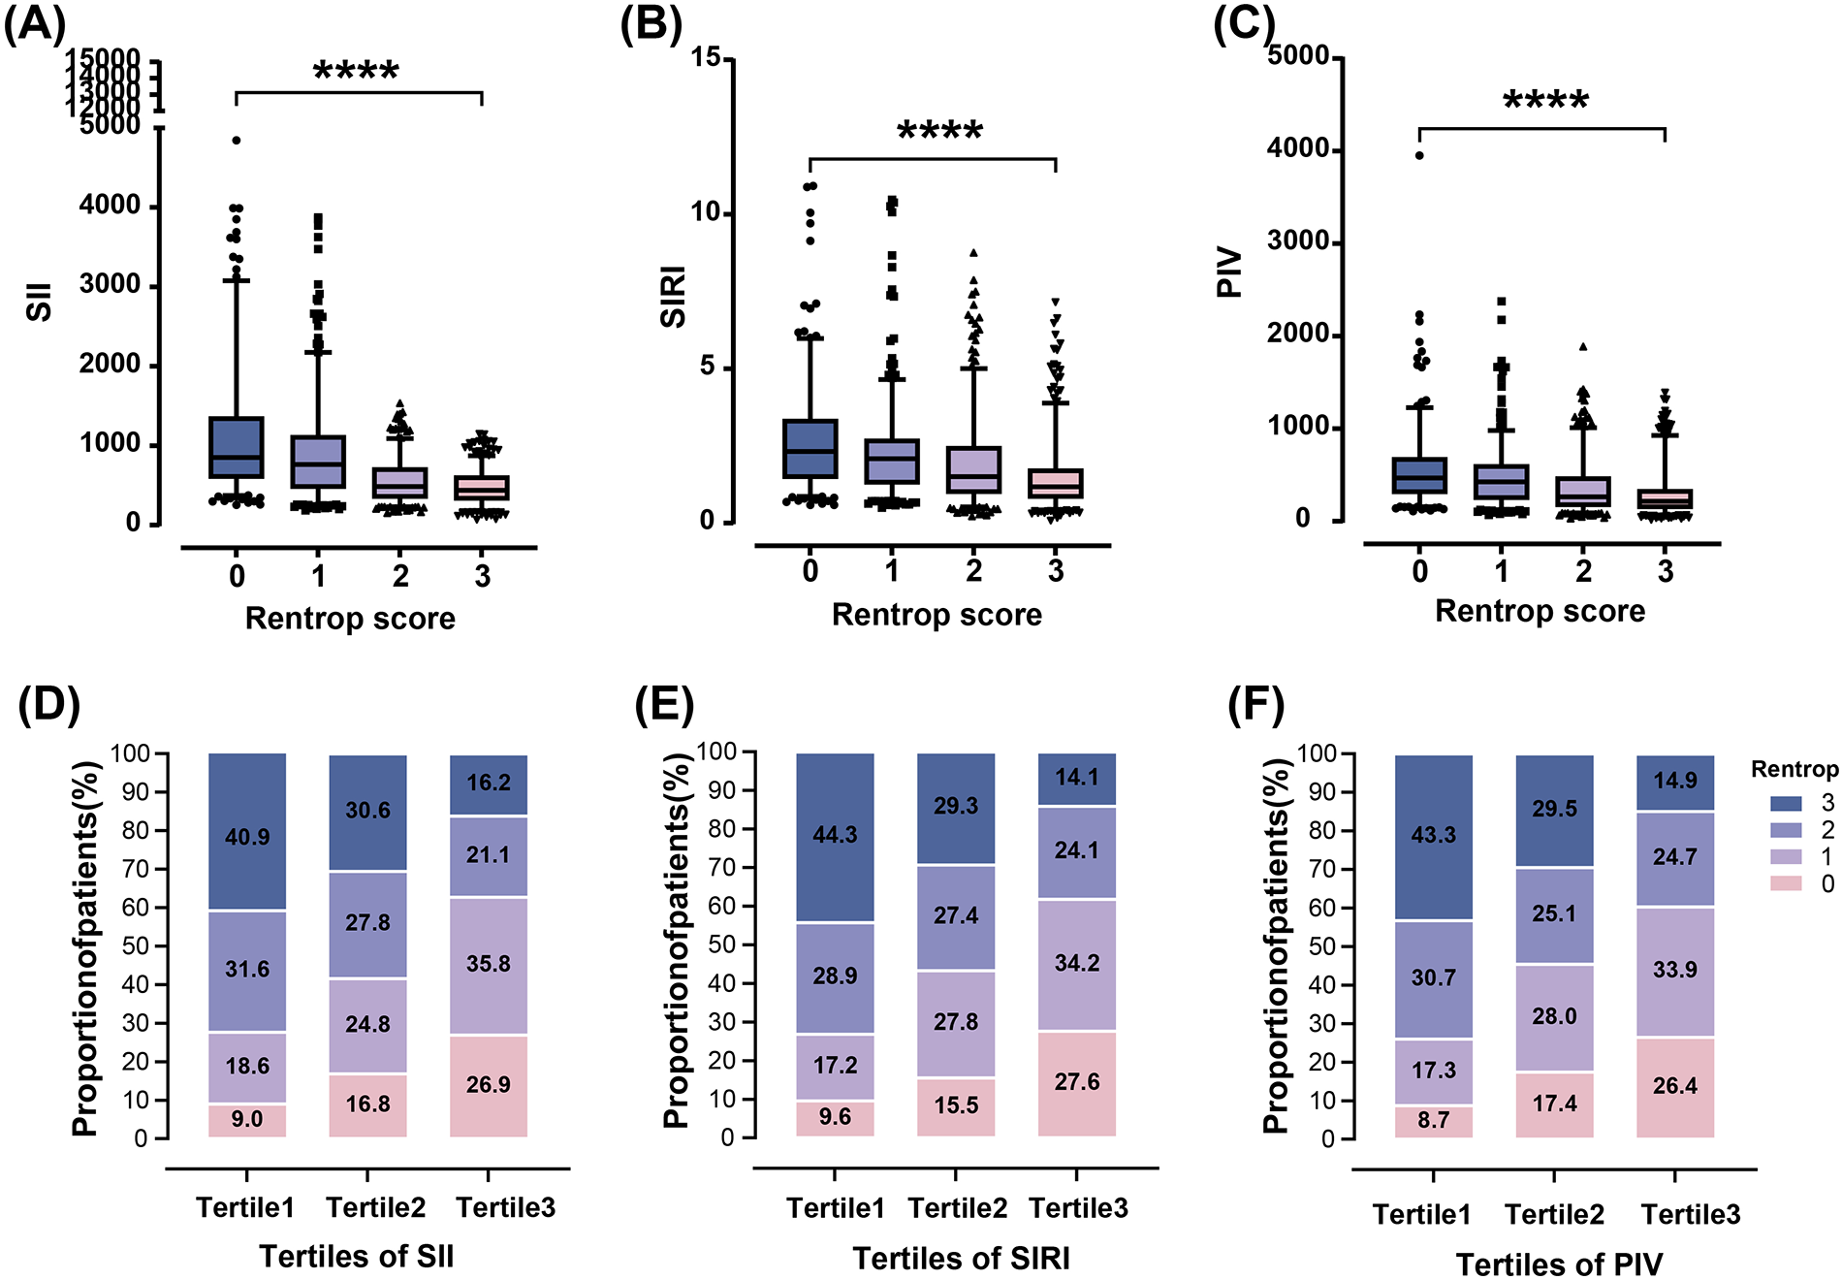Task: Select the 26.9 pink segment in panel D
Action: (488, 1085)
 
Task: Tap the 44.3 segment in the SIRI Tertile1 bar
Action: (835, 836)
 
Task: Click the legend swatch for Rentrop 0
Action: (1785, 883)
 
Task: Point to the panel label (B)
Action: (651, 23)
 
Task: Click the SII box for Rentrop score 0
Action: (237, 447)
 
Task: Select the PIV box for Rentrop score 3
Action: (1665, 498)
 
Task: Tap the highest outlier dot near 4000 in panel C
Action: (1419, 155)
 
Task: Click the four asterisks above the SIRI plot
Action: (939, 131)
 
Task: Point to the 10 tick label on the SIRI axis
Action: (708, 211)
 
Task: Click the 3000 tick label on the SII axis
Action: (110, 285)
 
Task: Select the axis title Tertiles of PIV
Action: (1559, 1264)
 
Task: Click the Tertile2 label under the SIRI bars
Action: (957, 1208)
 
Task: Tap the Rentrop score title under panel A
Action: (350, 619)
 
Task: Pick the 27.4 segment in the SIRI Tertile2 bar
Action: (956, 916)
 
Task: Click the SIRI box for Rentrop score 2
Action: (973, 470)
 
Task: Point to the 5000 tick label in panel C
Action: (1298, 56)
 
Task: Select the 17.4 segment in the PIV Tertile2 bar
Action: (1554, 1104)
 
